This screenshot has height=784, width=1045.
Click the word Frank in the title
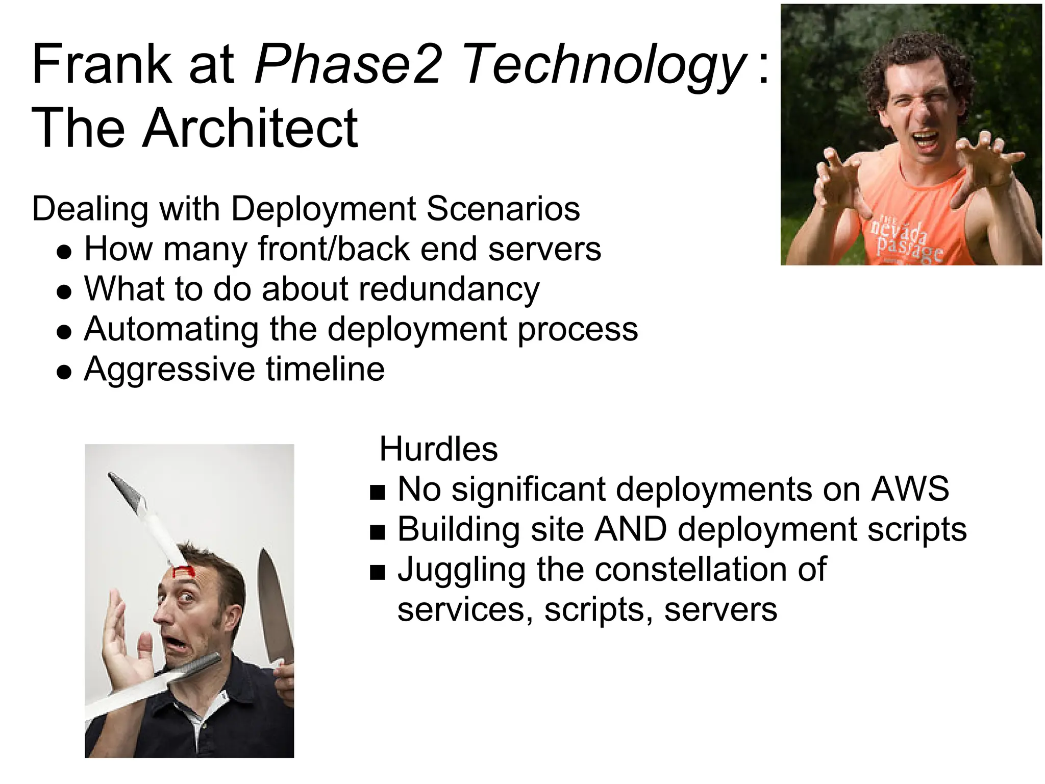(101, 65)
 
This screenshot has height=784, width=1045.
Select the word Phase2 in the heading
(347, 65)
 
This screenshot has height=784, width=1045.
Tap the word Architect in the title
(250, 129)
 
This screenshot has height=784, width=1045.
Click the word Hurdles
(438, 449)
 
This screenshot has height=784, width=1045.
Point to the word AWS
(910, 489)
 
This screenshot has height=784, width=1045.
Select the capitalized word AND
(631, 529)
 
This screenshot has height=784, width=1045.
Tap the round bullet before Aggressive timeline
(64, 372)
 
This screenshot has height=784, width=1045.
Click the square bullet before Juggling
(378, 573)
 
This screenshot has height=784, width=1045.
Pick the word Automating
(171, 329)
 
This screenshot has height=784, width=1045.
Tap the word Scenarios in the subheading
(503, 209)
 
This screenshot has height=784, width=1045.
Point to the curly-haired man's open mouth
(925, 141)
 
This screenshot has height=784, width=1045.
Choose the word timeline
(325, 369)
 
